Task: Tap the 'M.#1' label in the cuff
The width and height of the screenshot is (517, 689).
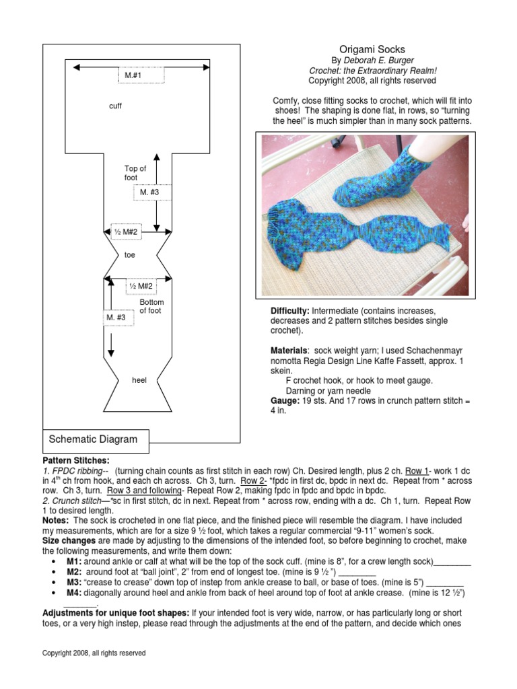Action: [x=133, y=76]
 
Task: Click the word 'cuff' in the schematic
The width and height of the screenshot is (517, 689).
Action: [x=115, y=106]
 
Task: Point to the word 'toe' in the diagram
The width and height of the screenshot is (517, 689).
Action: [x=130, y=255]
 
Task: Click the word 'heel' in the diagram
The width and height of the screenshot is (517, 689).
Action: [x=139, y=380]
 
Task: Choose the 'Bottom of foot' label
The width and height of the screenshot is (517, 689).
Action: [x=151, y=306]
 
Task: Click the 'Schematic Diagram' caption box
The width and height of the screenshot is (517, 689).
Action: [x=94, y=439]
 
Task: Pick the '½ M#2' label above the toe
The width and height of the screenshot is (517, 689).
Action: [x=125, y=232]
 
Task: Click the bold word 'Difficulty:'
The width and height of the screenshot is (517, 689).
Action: [x=289, y=312]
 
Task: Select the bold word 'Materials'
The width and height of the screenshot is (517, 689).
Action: [x=289, y=351]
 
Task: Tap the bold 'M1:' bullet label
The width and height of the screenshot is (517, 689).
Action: [x=74, y=561]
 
